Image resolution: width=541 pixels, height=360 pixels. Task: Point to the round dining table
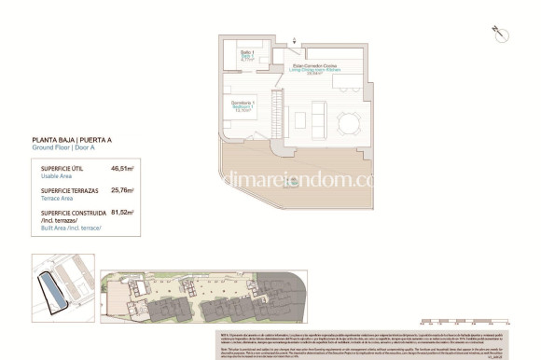click(350, 120)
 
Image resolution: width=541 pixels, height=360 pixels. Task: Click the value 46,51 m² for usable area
click(122, 169)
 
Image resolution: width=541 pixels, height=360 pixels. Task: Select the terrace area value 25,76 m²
click(122, 190)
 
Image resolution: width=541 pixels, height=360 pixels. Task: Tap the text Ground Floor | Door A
click(64, 147)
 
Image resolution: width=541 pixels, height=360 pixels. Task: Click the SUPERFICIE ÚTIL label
click(61, 169)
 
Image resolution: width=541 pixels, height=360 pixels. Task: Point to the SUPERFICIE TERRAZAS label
click(66, 190)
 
